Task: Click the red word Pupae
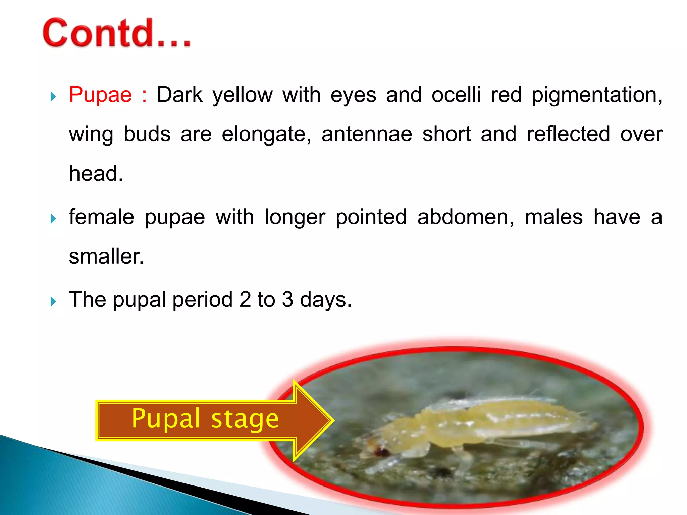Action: (100, 95)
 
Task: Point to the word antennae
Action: (367, 134)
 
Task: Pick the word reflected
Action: (568, 134)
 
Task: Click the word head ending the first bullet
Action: (95, 174)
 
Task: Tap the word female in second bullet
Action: (101, 217)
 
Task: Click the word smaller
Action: (106, 256)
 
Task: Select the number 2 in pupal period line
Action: (245, 299)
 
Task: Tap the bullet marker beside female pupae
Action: (53, 219)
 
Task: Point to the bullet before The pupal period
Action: (53, 302)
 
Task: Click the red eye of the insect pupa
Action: (382, 452)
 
